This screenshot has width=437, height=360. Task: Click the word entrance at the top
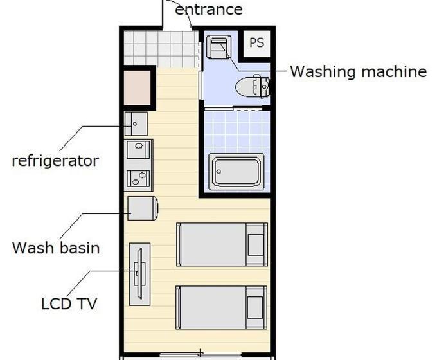click(x=209, y=10)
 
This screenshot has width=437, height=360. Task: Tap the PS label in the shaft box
click(x=256, y=42)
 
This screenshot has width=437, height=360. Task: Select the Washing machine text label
click(x=359, y=72)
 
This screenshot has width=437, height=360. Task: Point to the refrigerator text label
click(x=55, y=161)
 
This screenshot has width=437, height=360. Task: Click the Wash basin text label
click(x=56, y=248)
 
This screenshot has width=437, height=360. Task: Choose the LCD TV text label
click(x=69, y=303)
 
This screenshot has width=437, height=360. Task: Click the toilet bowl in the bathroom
click(x=252, y=86)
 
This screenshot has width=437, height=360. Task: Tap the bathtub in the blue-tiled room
click(x=236, y=171)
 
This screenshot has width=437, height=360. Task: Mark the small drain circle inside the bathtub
click(x=219, y=172)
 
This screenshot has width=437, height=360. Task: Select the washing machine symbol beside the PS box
click(x=219, y=48)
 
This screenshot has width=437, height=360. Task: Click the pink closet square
click(x=137, y=88)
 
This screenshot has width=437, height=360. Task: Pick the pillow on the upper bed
click(x=256, y=244)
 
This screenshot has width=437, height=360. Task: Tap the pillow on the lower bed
click(x=255, y=307)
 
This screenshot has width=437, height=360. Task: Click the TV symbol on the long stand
click(x=139, y=274)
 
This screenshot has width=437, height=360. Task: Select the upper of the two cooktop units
click(x=138, y=150)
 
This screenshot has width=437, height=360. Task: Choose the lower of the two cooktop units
click(x=138, y=179)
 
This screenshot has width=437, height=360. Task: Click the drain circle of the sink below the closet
click(x=135, y=124)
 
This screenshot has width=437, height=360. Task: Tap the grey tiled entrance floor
click(x=161, y=49)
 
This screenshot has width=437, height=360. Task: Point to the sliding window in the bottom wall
click(x=201, y=355)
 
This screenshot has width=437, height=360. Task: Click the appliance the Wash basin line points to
click(x=143, y=208)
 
